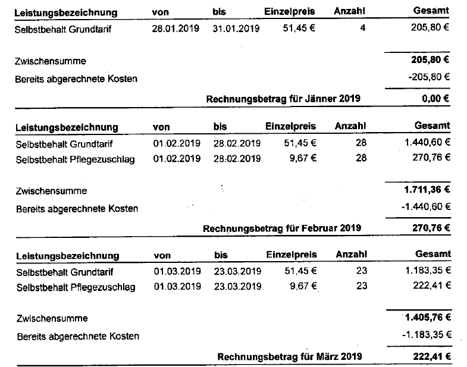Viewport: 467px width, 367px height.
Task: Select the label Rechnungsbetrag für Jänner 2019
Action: [283, 99]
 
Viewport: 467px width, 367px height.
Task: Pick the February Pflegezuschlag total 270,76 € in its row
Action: [431, 158]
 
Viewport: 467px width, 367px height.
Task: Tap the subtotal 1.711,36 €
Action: [425, 191]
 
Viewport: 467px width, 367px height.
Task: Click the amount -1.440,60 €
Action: [424, 206]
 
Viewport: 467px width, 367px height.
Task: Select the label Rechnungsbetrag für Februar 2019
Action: [282, 228]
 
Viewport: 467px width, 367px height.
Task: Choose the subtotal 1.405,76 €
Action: [425, 318]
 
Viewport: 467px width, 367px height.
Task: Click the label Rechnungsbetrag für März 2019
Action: [289, 356]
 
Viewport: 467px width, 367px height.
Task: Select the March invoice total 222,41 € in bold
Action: [431, 356]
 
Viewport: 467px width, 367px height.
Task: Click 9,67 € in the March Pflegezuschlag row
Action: [302, 287]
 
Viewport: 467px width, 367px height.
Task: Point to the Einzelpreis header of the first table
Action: [291, 12]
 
